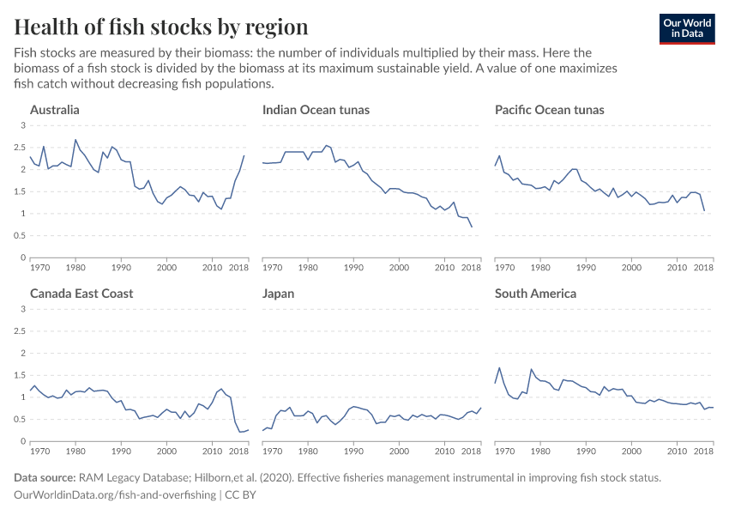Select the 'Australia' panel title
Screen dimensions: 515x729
[55, 110]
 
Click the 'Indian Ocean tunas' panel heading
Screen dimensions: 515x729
[316, 110]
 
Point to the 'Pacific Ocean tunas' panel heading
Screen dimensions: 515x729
[550, 110]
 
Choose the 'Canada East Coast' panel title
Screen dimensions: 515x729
[81, 294]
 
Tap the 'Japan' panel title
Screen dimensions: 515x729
[279, 294]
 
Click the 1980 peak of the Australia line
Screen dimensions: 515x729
[75, 140]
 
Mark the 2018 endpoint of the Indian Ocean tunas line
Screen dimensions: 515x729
[472, 227]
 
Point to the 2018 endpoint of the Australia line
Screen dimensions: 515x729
[244, 155]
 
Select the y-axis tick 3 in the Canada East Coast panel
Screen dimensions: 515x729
[22, 310]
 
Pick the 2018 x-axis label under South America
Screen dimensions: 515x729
[703, 451]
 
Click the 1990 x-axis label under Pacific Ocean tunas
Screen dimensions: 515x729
[587, 268]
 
